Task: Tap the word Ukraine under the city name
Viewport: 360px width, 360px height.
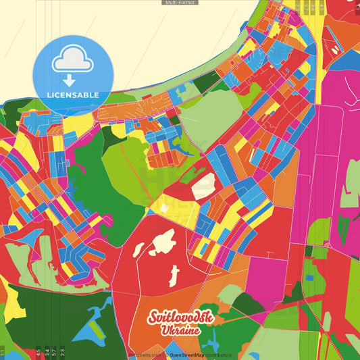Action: (x=180, y=331)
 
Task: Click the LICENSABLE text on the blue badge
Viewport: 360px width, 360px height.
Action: (x=72, y=95)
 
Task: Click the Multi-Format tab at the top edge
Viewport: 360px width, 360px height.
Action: (x=180, y=3)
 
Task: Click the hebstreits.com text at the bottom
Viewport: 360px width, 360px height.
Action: (x=144, y=355)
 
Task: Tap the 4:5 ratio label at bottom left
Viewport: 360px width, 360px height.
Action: (x=38, y=351)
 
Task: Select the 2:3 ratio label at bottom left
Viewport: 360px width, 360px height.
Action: (x=63, y=351)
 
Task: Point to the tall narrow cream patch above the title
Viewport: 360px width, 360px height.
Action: (x=174, y=275)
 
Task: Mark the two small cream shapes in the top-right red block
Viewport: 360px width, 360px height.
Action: (x=334, y=49)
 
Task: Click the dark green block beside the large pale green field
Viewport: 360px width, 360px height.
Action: (x=207, y=82)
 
